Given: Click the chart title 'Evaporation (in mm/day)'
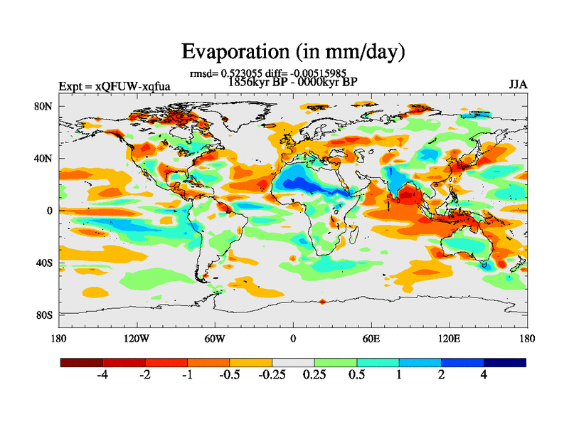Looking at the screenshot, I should click(293, 52).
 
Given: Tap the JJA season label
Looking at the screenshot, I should click(518, 84).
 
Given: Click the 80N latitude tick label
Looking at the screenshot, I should click(45, 106).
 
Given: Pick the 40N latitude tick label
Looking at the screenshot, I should click(45, 158).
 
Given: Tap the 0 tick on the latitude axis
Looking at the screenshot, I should click(50, 211).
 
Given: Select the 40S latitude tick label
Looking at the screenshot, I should click(45, 263).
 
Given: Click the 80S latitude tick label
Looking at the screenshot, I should click(45, 315).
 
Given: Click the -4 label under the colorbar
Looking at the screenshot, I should click(102, 376).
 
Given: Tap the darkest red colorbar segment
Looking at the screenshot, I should click(82, 362).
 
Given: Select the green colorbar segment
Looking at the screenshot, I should click(336, 362).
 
